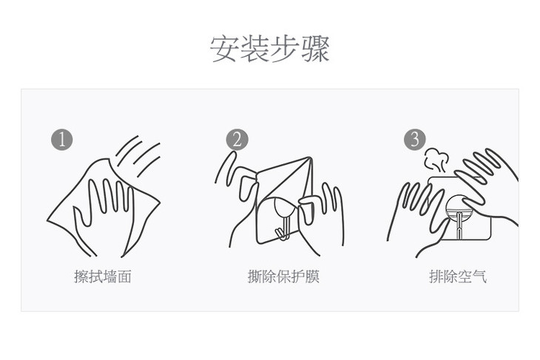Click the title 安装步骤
pos(270,49)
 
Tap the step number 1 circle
pos(61,139)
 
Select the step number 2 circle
pos(237,139)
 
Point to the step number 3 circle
pos(414,139)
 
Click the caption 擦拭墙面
pos(103,276)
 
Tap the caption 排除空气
pos(458,276)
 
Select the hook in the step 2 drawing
pos(282,218)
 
